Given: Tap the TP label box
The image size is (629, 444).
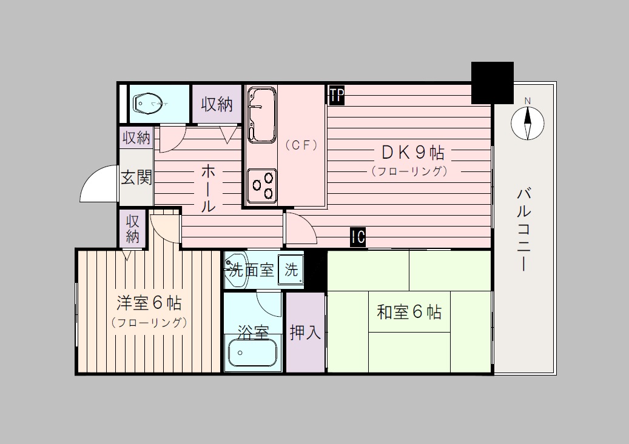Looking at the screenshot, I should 337,95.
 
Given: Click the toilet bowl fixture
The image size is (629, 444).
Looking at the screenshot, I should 148,104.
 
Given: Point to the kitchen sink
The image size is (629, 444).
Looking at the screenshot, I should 261,115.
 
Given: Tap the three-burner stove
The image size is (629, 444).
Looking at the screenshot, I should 262,184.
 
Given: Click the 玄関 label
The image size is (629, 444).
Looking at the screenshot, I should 136,178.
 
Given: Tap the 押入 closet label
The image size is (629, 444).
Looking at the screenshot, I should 305,333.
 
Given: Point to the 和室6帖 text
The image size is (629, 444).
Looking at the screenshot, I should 409,313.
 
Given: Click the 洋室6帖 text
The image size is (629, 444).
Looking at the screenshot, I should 149,302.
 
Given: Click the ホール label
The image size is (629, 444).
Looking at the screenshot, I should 207,187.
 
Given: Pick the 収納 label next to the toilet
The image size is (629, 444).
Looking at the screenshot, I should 217,104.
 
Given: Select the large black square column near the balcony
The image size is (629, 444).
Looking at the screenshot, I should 493,82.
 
